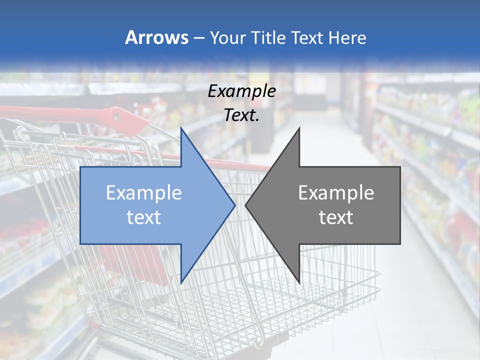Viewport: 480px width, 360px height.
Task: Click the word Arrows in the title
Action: (x=156, y=38)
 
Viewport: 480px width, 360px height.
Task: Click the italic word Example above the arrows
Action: (x=241, y=91)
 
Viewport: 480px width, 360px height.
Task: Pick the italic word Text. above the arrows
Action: (x=241, y=115)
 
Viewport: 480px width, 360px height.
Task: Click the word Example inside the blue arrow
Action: (x=143, y=193)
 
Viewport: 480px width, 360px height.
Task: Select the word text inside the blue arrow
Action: (x=143, y=217)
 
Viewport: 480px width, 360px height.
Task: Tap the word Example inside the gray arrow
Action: (x=336, y=193)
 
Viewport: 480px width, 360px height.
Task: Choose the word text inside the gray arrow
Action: (x=336, y=217)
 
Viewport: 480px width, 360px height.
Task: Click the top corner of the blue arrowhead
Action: (x=181, y=128)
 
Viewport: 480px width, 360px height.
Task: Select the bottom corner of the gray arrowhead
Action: (x=299, y=282)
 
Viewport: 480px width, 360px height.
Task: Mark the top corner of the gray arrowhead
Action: (x=299, y=128)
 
